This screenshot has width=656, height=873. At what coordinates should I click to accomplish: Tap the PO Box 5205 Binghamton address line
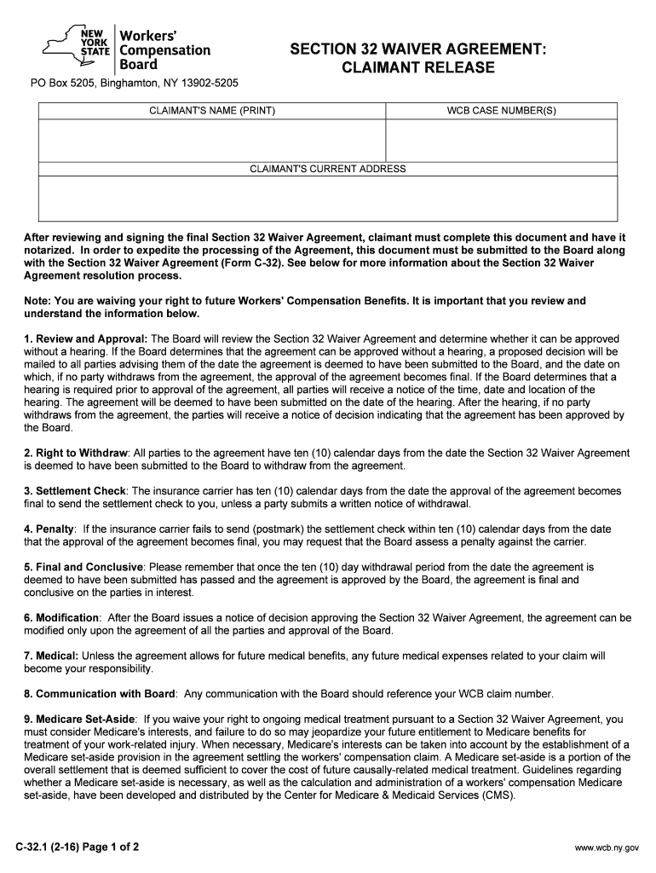click(135, 84)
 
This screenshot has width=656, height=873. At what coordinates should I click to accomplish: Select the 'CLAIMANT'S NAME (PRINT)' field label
click(212, 111)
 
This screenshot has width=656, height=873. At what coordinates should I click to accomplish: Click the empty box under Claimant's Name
click(212, 140)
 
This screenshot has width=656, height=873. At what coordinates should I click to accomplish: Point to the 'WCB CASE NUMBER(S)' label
click(501, 111)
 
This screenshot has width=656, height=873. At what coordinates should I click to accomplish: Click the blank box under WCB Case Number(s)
click(501, 140)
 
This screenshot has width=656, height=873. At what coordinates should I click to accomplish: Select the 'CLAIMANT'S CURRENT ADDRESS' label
click(328, 169)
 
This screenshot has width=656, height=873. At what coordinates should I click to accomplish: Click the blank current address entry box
click(328, 199)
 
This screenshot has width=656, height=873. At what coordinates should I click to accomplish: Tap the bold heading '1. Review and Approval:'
click(85, 339)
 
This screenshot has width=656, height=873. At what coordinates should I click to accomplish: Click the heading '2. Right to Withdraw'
click(76, 453)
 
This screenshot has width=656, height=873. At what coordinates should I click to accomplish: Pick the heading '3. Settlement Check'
click(75, 491)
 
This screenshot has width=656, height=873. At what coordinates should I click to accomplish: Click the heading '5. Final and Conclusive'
click(83, 567)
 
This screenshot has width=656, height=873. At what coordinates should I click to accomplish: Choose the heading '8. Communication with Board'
click(100, 693)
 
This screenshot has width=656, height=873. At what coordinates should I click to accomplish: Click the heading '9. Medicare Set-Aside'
click(79, 719)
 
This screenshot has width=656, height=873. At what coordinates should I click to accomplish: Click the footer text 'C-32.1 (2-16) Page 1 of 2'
click(77, 847)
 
